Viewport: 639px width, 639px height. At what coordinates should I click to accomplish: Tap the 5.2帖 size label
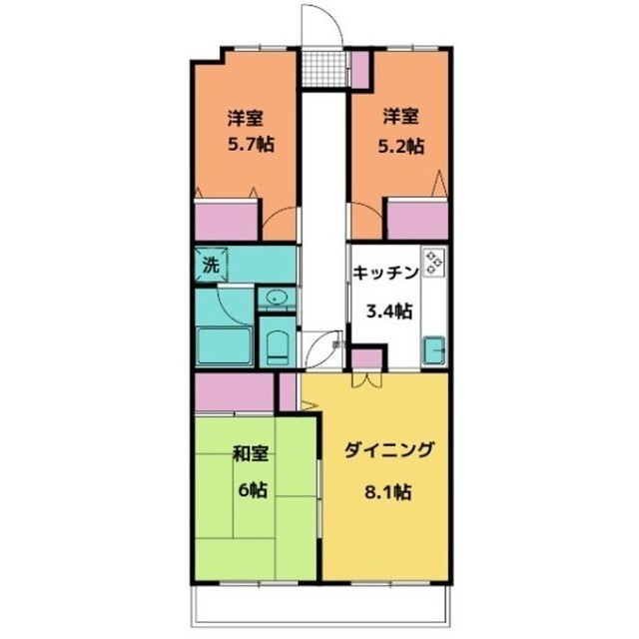(x=398, y=145)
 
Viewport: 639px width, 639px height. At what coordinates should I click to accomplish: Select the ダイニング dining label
(x=389, y=450)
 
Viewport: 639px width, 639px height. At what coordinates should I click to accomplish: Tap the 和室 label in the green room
(x=250, y=454)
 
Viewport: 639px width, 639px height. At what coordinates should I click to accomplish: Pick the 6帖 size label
(x=250, y=490)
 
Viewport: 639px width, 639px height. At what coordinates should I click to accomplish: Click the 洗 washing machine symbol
(x=211, y=266)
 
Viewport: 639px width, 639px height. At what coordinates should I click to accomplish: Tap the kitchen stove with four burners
(x=434, y=263)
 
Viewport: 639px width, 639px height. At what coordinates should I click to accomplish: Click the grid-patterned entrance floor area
(x=320, y=68)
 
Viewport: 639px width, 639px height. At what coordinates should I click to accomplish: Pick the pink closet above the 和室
(x=234, y=391)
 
